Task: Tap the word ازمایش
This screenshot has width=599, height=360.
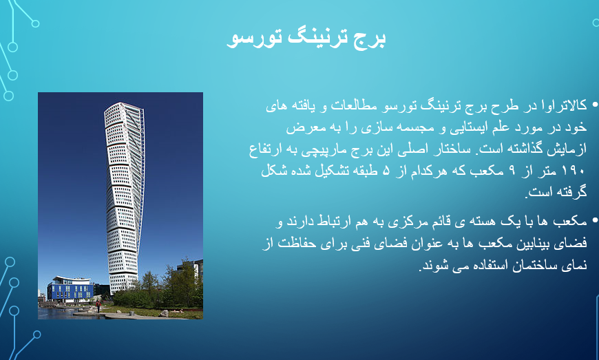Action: [x=567, y=149]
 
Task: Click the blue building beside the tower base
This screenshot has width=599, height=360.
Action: [x=70, y=289]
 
